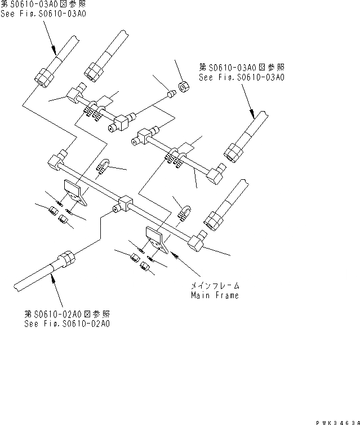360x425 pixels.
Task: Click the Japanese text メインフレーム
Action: [x=214, y=286]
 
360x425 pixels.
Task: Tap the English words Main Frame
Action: [x=214, y=295]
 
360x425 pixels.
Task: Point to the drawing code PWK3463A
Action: [x=338, y=419]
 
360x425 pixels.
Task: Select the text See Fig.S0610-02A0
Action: [x=67, y=324]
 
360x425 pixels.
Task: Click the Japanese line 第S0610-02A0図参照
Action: [x=67, y=314]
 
